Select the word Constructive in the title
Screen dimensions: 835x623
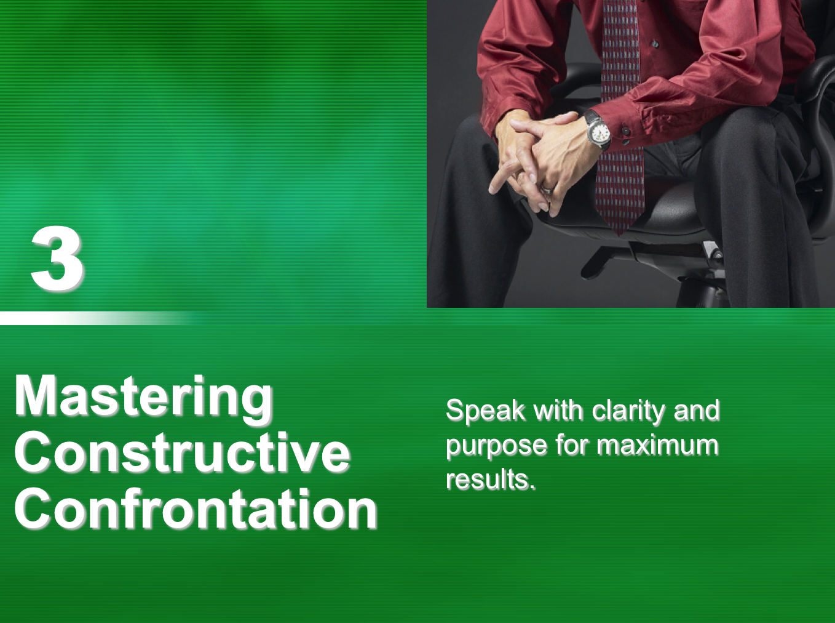pos(182,453)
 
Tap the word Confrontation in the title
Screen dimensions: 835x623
pos(196,508)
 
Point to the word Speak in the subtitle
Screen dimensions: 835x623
pos(485,411)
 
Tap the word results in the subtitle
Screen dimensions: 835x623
pos(491,479)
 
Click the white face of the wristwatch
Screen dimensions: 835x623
pos(599,134)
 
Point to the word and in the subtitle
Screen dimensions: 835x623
pos(697,411)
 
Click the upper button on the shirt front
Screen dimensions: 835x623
pos(655,44)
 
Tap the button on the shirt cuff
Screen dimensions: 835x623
pos(626,132)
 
